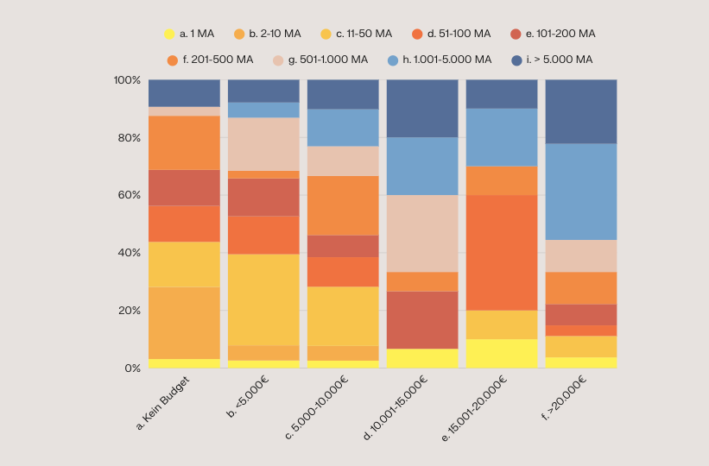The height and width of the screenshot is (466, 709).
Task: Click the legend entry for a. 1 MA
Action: (x=190, y=34)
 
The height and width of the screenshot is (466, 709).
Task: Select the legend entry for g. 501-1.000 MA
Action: (x=320, y=60)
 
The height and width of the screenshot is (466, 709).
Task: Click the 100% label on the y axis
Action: (x=126, y=80)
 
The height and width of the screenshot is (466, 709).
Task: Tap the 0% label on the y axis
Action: (x=131, y=368)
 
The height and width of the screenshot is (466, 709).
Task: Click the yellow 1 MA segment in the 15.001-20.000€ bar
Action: (x=502, y=353)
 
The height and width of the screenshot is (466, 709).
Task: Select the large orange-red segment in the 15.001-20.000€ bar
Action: (x=502, y=252)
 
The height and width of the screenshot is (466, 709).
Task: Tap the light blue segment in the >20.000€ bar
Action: (x=581, y=192)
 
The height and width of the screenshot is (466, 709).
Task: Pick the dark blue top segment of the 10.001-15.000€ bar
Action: (x=422, y=109)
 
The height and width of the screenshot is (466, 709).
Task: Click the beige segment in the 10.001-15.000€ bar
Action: (x=422, y=233)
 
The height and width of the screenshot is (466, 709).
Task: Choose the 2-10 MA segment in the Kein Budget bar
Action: (x=184, y=323)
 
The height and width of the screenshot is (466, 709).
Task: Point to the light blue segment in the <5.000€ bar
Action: (x=263, y=110)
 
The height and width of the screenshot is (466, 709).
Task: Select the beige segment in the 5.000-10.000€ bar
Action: (x=343, y=161)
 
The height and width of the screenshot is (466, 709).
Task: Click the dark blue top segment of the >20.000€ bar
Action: (x=581, y=111)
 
